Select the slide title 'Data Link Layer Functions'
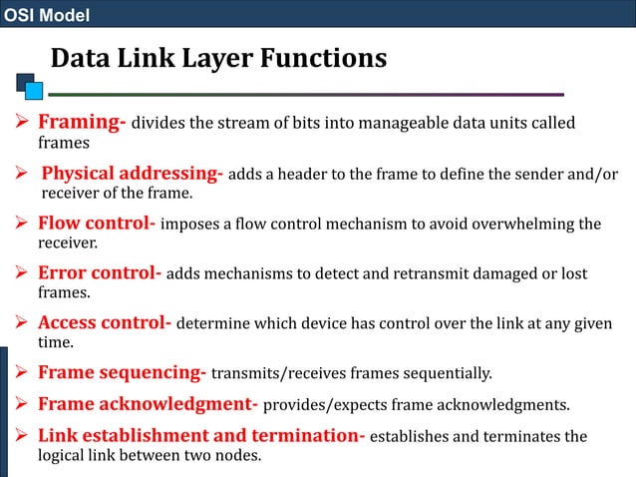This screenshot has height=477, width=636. point(218,59)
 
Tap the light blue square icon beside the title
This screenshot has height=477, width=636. point(35,91)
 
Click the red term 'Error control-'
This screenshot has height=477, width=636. point(99,273)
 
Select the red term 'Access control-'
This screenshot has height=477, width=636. point(105,323)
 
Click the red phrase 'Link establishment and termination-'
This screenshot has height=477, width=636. point(201,437)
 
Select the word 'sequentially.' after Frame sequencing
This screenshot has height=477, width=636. point(447,374)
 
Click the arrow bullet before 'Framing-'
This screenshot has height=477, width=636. point(24,124)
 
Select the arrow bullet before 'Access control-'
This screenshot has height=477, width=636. point(24,323)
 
